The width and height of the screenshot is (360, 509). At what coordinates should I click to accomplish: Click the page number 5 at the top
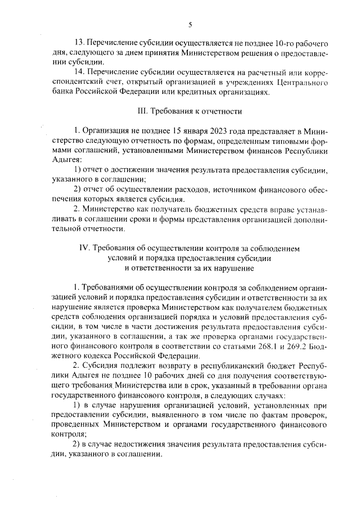tap(190, 24)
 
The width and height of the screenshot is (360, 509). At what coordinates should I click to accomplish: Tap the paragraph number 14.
tap(79, 73)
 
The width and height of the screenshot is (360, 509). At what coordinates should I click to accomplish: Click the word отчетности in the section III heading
tap(222, 111)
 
